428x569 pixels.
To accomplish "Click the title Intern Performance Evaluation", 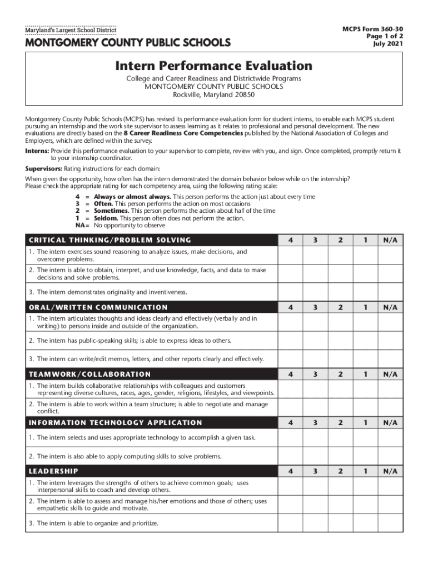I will click(x=213, y=66).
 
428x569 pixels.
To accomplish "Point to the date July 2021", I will click(x=388, y=44).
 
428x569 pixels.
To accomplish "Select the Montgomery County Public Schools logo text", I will click(x=127, y=43).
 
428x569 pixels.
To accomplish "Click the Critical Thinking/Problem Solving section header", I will click(x=110, y=240).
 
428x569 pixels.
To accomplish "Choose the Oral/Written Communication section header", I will click(x=98, y=307).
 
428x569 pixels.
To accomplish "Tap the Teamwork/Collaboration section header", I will click(x=89, y=374).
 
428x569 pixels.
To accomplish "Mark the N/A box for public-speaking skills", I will click(x=391, y=341).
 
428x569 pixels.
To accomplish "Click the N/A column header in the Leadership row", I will click(x=391, y=471).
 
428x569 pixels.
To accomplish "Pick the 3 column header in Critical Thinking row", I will click(x=315, y=240).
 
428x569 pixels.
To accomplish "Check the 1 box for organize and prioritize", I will click(x=365, y=523).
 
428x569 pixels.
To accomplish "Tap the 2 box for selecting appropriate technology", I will click(x=340, y=438).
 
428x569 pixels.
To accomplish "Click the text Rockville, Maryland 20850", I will click(x=213, y=94).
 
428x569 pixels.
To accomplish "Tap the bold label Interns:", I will click(x=37, y=151).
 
